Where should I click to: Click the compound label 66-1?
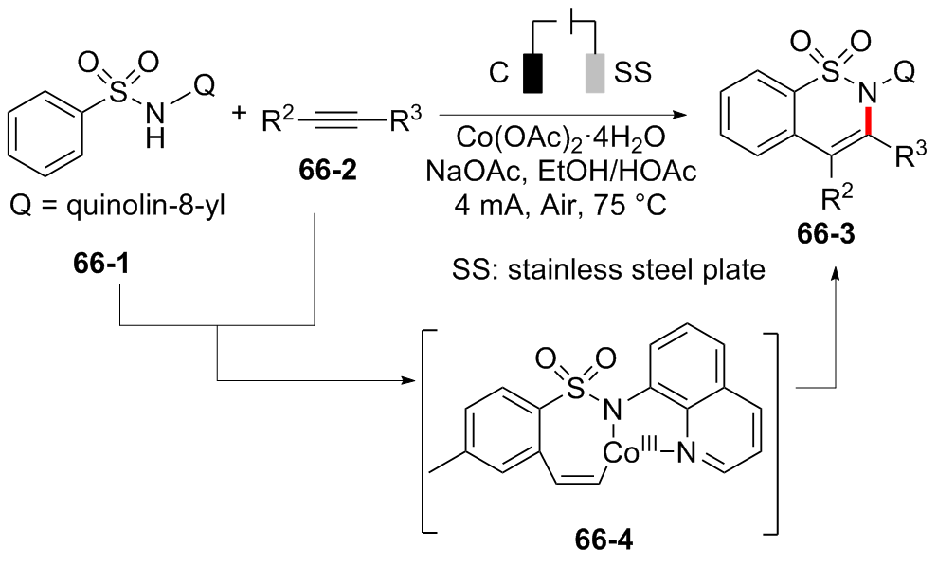(x=101, y=264)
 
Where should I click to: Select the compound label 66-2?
(x=328, y=171)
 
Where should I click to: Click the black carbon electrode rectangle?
(x=532, y=74)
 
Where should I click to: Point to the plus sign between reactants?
(x=240, y=112)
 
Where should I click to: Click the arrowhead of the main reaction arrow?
(x=678, y=114)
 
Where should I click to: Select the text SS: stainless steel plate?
(x=608, y=269)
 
